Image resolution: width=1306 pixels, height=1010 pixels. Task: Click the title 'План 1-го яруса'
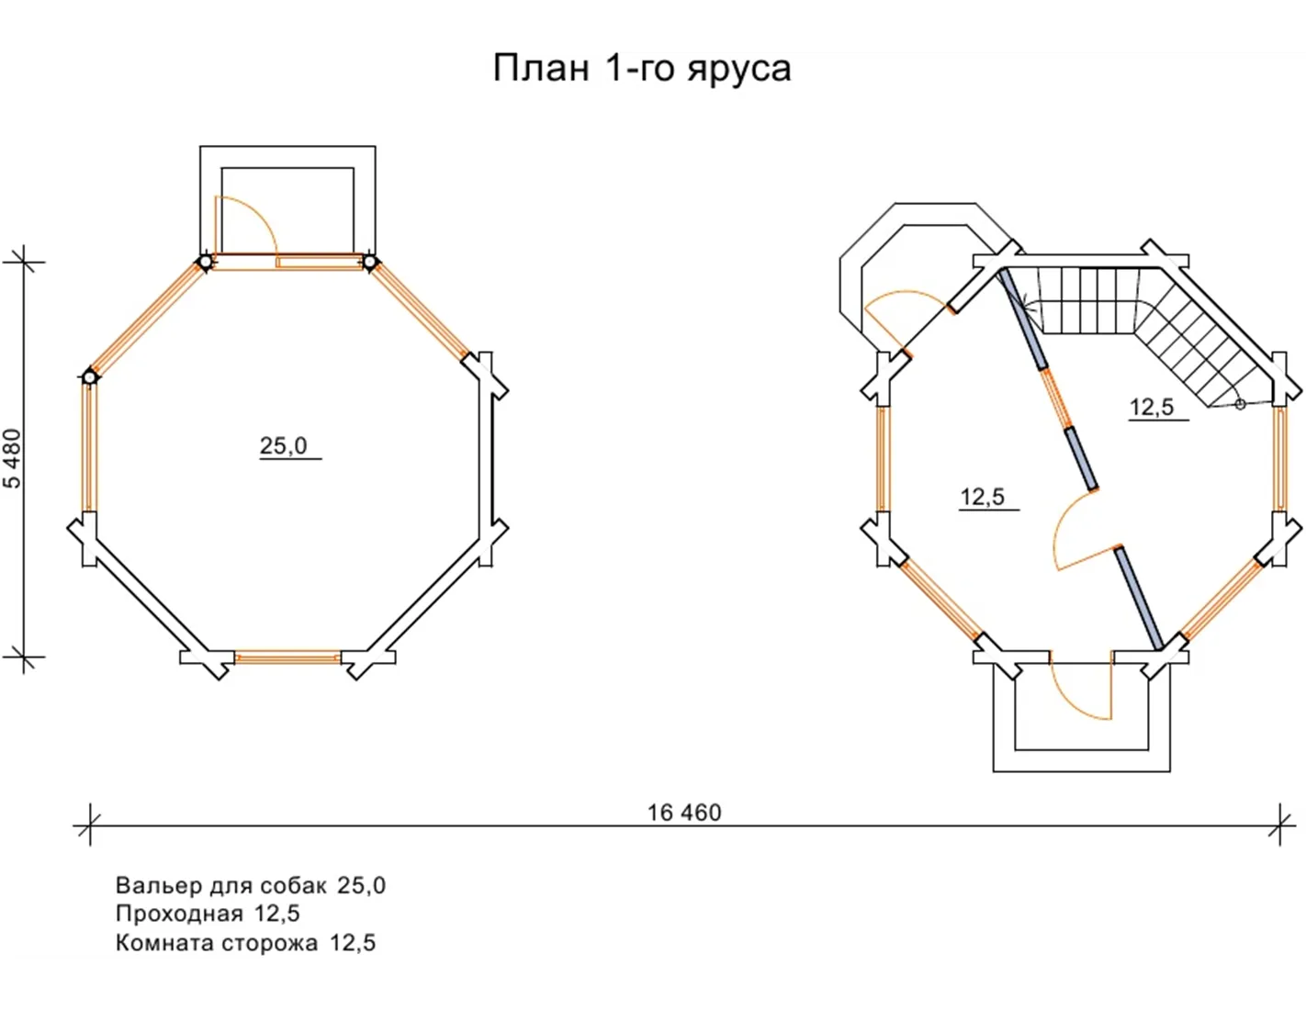tap(641, 69)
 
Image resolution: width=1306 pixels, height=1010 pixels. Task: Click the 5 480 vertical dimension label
tap(13, 458)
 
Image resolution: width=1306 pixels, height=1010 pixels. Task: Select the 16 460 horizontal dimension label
tap(684, 813)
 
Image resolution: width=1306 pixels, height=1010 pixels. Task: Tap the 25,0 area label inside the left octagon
tap(283, 446)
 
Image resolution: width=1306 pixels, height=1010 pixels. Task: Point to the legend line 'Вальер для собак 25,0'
tap(251, 886)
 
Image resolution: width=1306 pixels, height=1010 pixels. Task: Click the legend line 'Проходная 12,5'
tap(208, 914)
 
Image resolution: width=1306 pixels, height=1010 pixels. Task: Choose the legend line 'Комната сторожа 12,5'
tap(245, 943)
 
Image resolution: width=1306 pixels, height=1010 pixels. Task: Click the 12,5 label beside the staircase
tap(1152, 408)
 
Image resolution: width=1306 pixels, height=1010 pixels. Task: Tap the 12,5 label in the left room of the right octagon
tap(983, 497)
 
